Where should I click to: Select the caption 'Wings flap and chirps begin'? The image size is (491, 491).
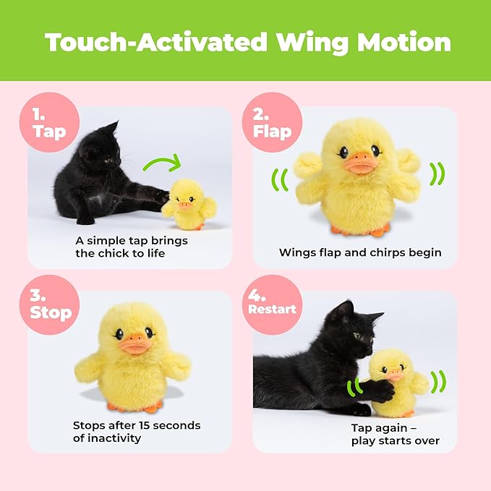359,252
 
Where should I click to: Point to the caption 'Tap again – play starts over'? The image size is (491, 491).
390,433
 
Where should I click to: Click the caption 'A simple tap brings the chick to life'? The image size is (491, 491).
120,246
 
